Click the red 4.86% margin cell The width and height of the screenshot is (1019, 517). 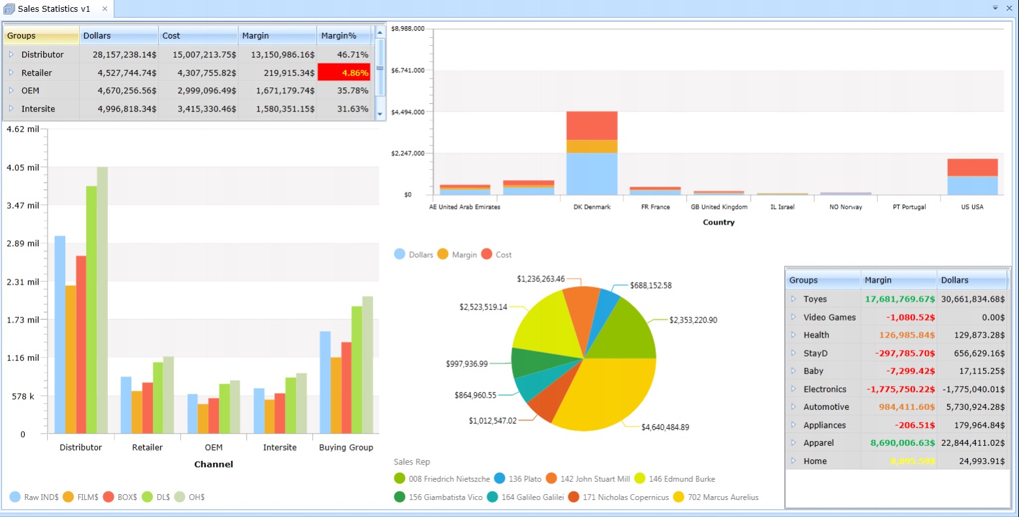tap(344, 72)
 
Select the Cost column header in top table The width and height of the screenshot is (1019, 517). tap(197, 36)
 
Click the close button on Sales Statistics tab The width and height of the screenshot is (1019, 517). tap(105, 9)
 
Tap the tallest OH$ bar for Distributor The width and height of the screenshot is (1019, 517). tap(102, 300)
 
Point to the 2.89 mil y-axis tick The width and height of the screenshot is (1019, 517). tap(23, 243)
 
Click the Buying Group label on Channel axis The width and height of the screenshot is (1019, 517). tap(346, 448)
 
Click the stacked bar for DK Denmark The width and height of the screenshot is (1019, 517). tap(592, 153)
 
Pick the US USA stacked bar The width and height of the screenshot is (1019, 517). tap(972, 177)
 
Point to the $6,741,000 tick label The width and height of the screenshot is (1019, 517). tap(408, 70)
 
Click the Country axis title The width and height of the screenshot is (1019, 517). tap(719, 223)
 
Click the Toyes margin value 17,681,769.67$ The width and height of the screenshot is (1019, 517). tap(899, 299)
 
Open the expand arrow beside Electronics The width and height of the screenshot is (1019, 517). tap(794, 389)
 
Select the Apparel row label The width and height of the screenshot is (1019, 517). tap(818, 443)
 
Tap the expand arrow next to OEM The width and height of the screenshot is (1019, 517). tap(11, 91)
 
